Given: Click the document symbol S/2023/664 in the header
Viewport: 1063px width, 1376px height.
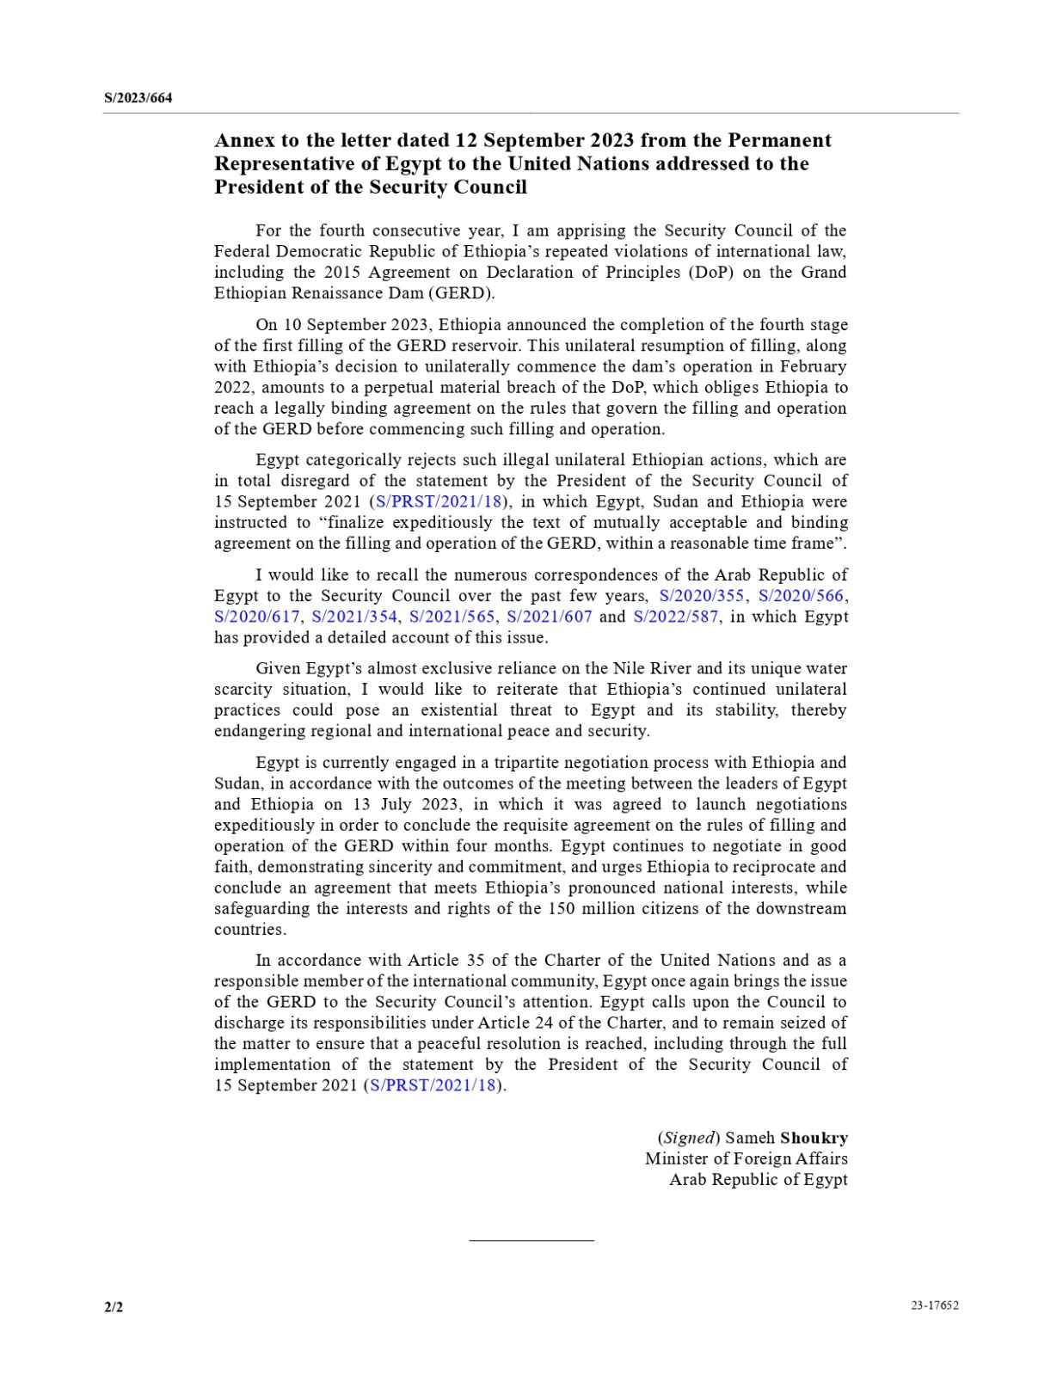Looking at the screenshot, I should [x=138, y=98].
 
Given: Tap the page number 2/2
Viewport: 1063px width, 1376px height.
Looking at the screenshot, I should [x=114, y=1307].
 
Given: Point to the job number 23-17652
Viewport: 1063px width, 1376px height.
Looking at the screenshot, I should [x=935, y=1305].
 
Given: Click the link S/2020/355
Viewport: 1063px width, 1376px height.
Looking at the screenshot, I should [x=702, y=596].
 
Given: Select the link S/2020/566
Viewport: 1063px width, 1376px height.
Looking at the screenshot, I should [x=802, y=596].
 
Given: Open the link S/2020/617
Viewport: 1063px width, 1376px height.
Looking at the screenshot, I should [x=256, y=617].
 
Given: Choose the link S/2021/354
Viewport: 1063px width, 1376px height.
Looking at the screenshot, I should [x=354, y=617].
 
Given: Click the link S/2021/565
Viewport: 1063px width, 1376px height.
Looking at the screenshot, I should [x=452, y=617].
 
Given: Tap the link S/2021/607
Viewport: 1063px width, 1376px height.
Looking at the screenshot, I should [x=550, y=617].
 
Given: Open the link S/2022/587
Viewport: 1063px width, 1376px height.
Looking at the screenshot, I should [x=675, y=617].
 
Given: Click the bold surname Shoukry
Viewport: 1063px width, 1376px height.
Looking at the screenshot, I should [x=814, y=1138].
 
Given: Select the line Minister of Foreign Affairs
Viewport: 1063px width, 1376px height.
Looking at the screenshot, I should [x=746, y=1158].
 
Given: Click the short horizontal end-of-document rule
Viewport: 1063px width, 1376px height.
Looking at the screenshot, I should [x=531, y=1240].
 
